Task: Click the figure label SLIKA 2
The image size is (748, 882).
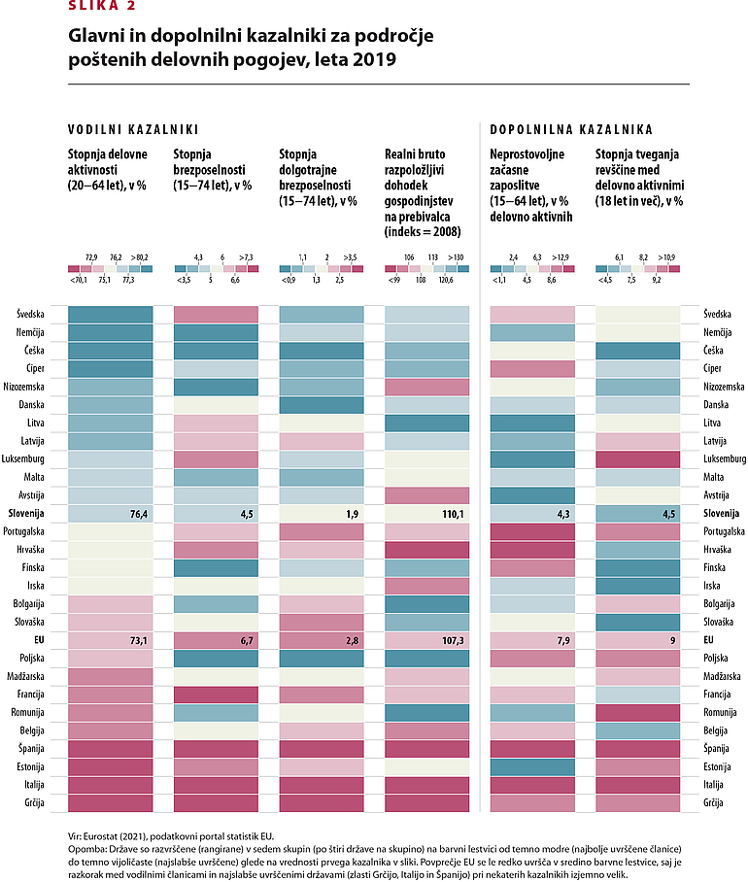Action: click(102, 5)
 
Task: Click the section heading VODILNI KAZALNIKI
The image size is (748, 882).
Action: click(133, 128)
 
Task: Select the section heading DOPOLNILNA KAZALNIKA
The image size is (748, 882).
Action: click(570, 128)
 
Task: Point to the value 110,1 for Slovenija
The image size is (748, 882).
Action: click(454, 514)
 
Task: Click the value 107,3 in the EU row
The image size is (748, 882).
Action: click(454, 641)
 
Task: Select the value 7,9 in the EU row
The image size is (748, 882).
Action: click(560, 641)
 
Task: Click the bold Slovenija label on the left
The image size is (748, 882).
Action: click(35, 514)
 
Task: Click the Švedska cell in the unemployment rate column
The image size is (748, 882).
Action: click(216, 314)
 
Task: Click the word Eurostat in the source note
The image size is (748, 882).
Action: click(104, 835)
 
